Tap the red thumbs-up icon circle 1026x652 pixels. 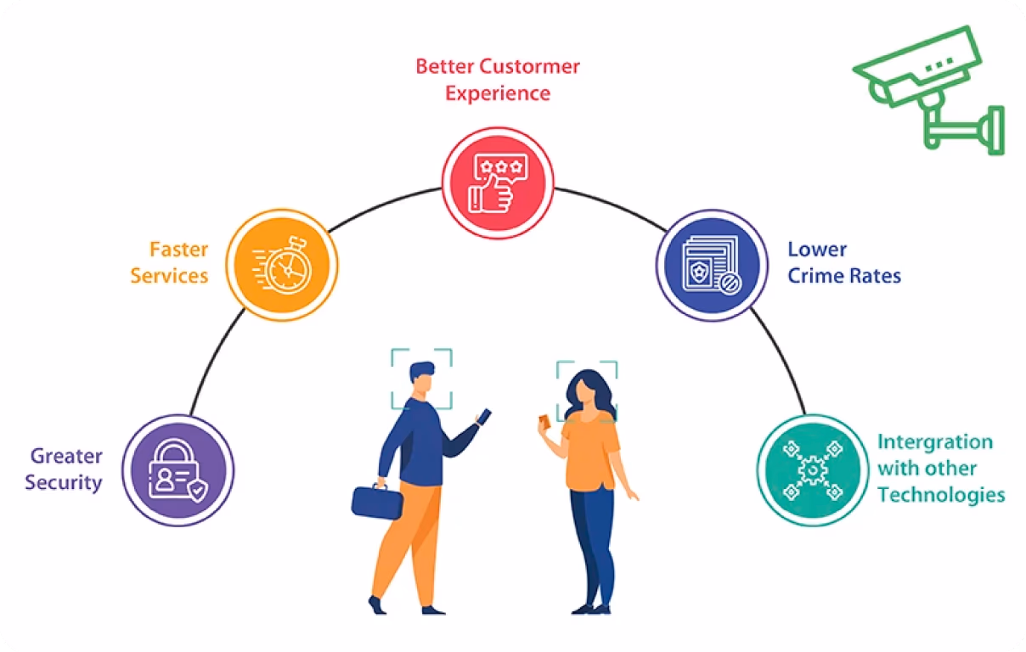point(498,183)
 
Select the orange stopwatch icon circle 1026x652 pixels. point(282,265)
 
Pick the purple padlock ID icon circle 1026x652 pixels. point(178,470)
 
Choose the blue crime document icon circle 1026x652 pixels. point(713,266)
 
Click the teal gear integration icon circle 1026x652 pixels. point(813,470)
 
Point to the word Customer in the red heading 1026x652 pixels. point(529,66)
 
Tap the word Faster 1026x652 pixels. point(179,250)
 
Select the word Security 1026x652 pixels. point(64,483)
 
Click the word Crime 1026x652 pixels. point(815,276)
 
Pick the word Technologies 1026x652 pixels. point(941,495)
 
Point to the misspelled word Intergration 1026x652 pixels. point(935,442)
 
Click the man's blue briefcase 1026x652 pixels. point(377,502)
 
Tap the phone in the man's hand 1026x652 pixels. point(483,417)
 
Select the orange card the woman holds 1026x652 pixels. point(544,421)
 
